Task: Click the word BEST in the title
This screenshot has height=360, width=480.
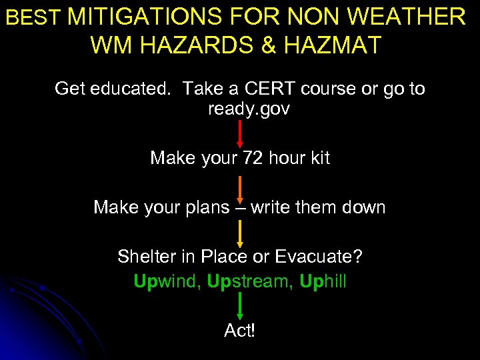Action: click(x=34, y=17)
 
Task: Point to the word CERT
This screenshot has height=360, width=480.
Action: click(x=275, y=89)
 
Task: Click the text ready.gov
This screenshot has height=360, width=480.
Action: click(x=249, y=109)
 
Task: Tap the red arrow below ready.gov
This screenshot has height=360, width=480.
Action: click(x=240, y=133)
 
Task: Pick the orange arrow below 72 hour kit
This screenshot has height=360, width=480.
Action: click(x=240, y=187)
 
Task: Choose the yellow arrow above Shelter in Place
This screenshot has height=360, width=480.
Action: click(x=240, y=235)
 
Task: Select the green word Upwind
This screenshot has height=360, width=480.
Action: click(x=166, y=281)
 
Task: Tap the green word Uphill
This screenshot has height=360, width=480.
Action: click(x=323, y=281)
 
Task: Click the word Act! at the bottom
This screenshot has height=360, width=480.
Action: click(x=240, y=331)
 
